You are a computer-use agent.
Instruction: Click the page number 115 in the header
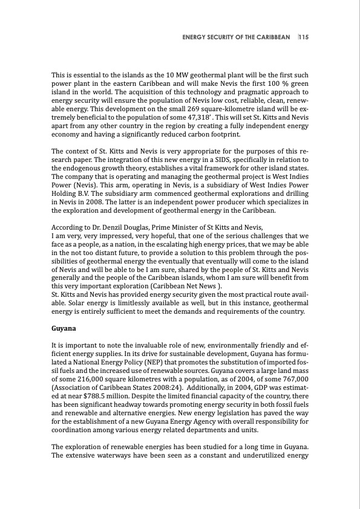tap(304, 37)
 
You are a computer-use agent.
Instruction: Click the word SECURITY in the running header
tap(223, 37)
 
